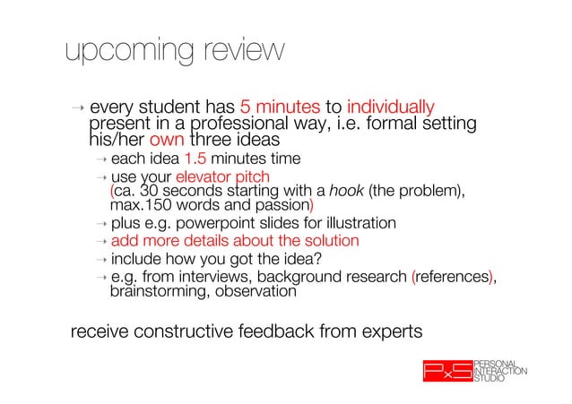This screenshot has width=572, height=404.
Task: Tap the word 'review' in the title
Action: [x=238, y=52]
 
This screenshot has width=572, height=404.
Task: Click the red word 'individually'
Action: [x=390, y=107]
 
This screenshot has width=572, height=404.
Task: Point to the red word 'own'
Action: [x=166, y=142]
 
